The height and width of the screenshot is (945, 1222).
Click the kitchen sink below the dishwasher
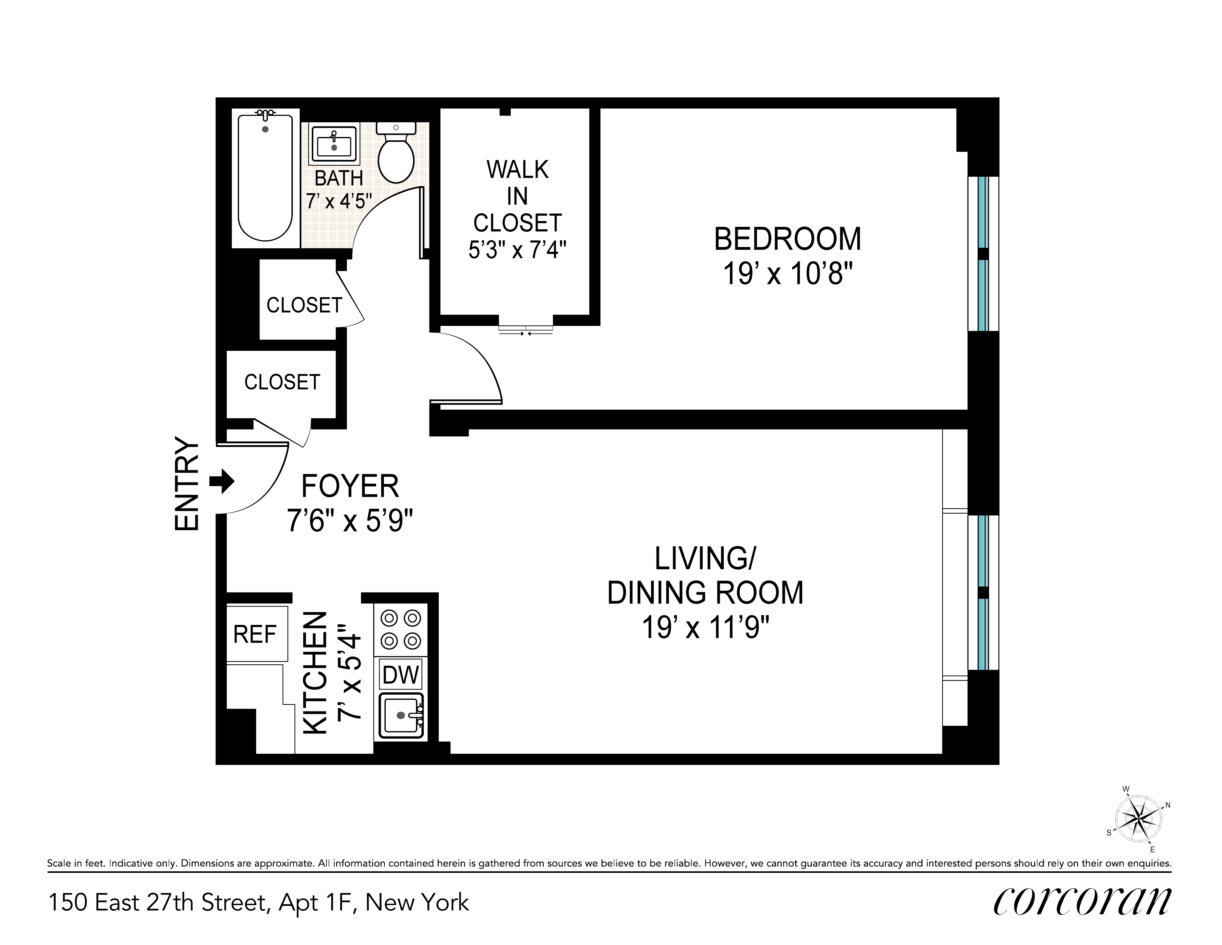[x=401, y=716]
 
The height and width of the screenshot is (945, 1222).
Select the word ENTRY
[x=187, y=483]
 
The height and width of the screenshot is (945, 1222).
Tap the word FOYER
[x=350, y=486]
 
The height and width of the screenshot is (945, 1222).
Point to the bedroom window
[x=983, y=253]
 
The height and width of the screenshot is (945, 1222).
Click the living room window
[x=983, y=592]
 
